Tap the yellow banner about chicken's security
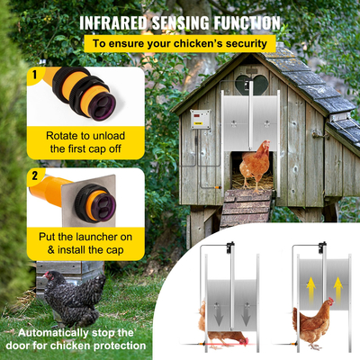(x=179, y=43)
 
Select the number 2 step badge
(x=33, y=175)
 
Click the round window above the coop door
(x=252, y=84)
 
